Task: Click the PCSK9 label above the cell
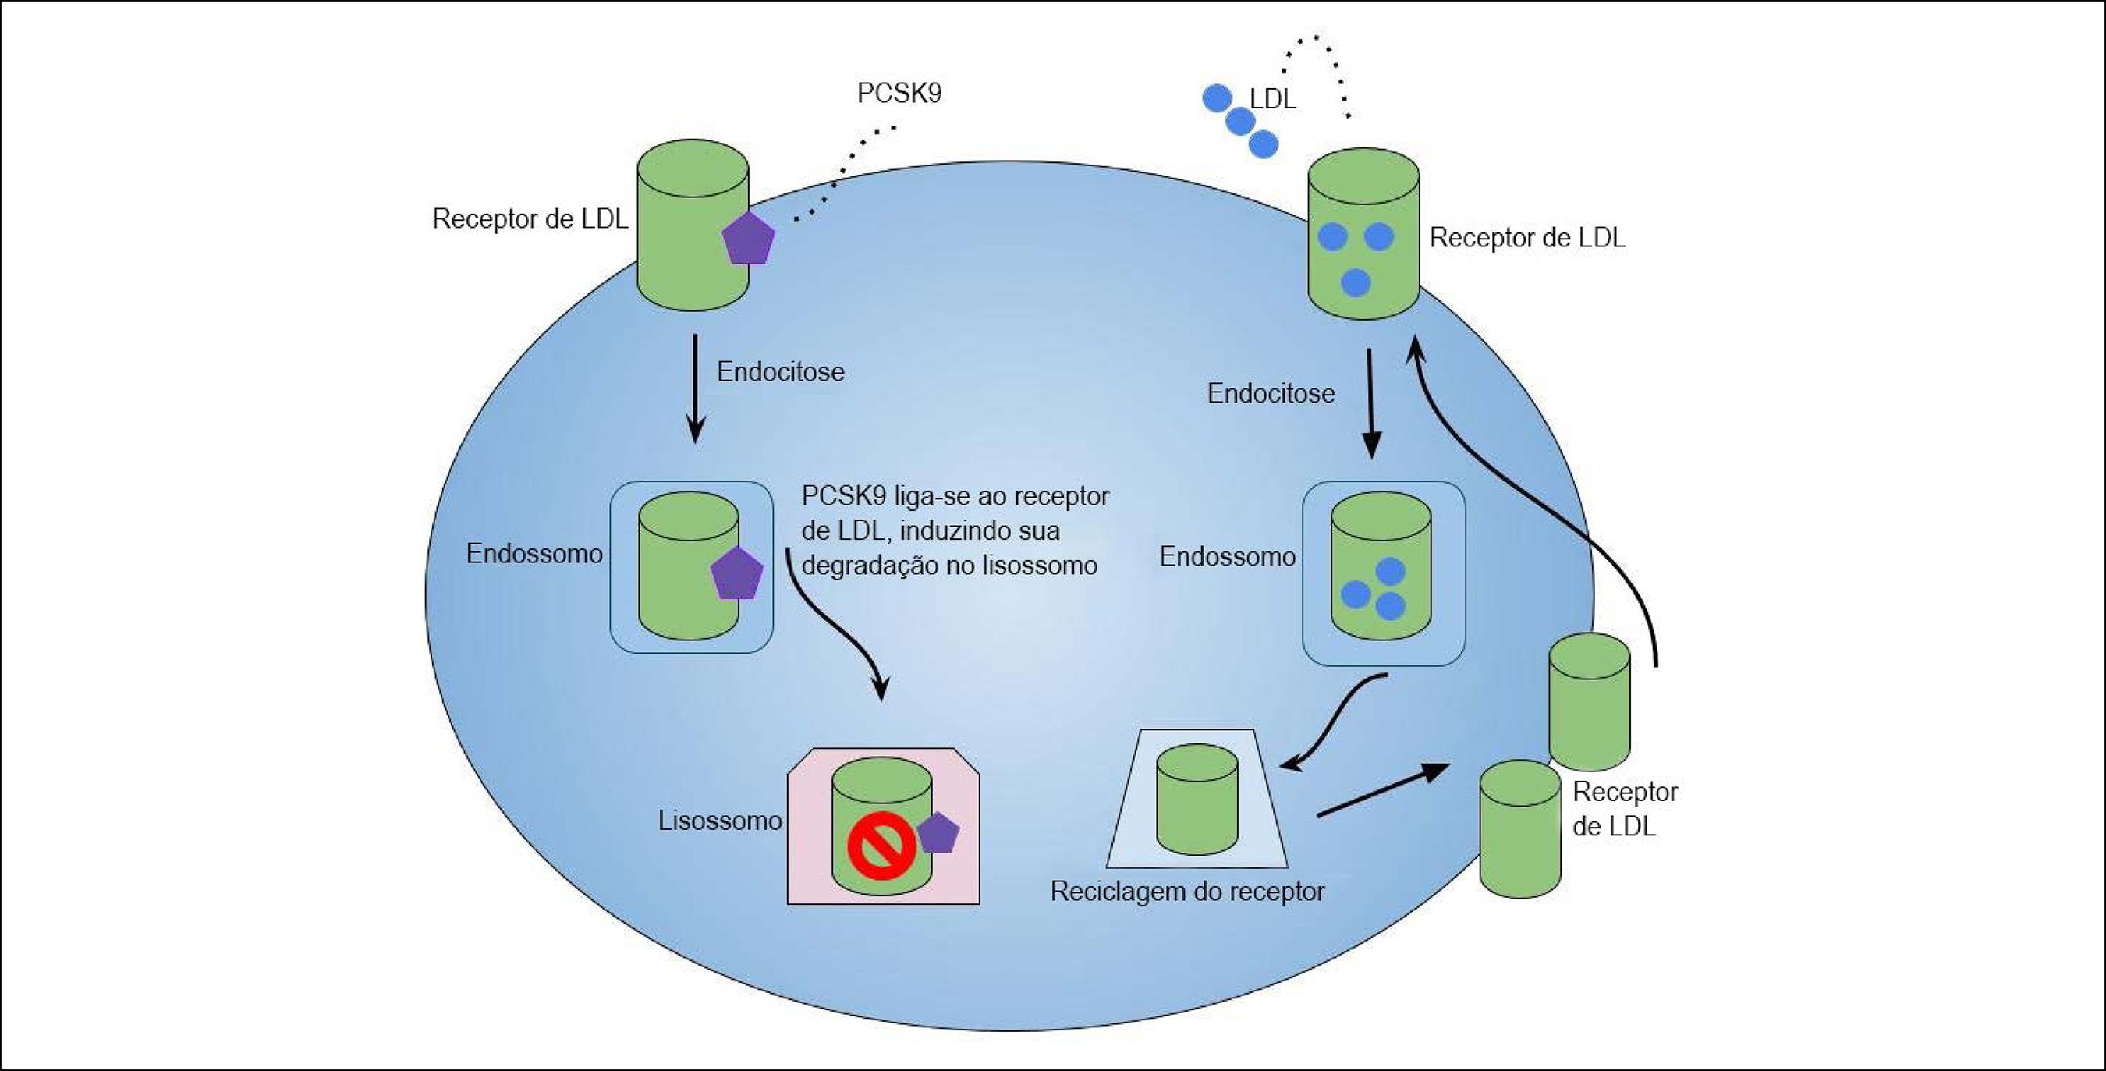899,93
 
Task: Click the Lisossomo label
719,820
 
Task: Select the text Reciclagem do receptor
1187,891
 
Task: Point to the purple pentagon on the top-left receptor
748,238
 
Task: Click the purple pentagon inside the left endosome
736,574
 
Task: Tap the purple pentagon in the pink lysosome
938,833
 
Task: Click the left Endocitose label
780,372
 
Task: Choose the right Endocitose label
1271,393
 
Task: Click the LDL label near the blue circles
1273,99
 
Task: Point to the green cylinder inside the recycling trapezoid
1197,800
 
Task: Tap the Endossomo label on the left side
534,554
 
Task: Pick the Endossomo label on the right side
1227,557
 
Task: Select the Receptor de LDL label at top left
530,219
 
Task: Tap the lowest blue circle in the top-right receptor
1356,283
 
